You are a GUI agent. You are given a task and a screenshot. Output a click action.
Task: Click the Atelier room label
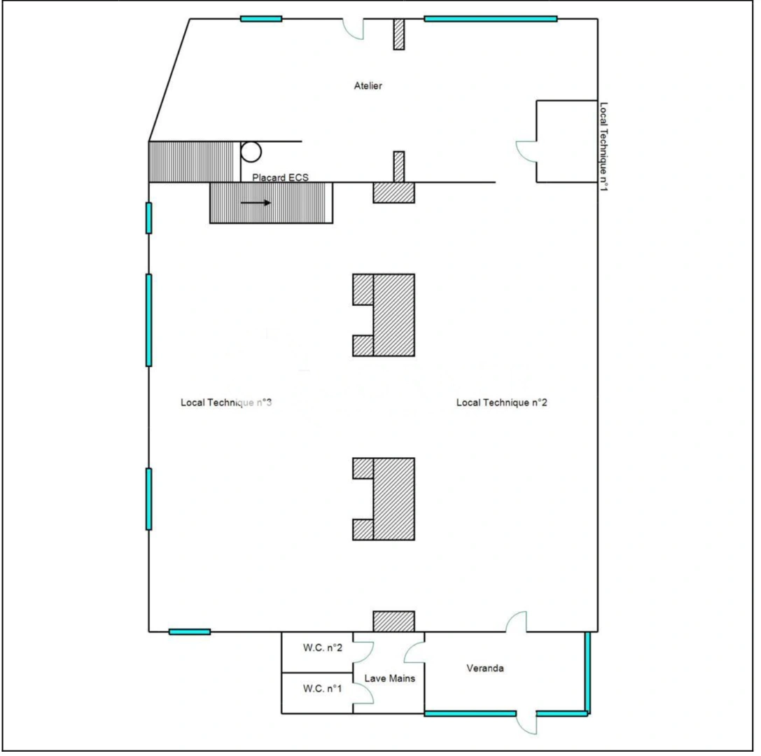[368, 86]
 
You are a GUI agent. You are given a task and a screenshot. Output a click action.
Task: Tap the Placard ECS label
[280, 178]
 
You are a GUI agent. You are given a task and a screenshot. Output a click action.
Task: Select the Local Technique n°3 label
[226, 402]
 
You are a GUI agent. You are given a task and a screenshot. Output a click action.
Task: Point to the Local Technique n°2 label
[501, 402]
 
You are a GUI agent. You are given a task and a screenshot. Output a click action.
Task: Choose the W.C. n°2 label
[323, 647]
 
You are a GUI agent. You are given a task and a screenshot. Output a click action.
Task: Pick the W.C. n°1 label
[323, 688]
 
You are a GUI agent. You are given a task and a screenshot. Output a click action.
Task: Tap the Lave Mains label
[390, 678]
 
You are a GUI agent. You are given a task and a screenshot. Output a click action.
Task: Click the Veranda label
[485, 668]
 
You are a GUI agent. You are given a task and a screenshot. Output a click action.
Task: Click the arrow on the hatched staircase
[256, 203]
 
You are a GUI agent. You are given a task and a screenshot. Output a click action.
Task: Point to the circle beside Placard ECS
[251, 152]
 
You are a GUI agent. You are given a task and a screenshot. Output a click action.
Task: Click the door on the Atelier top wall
[353, 28]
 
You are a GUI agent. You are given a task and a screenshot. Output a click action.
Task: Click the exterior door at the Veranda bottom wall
[526, 723]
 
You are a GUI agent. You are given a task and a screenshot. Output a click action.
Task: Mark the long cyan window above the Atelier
[490, 19]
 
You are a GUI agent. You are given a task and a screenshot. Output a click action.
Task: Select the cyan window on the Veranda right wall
[587, 672]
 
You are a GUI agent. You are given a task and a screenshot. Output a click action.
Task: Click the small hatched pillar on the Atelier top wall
[399, 34]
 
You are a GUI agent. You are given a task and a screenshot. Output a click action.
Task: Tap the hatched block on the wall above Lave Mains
[393, 621]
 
